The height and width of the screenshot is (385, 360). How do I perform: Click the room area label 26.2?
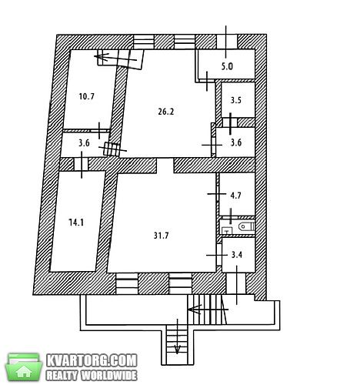click(x=166, y=112)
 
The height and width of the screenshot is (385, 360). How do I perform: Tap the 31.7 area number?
click(x=161, y=236)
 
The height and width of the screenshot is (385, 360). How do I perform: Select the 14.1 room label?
click(x=76, y=223)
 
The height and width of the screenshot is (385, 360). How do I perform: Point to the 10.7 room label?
click(x=87, y=96)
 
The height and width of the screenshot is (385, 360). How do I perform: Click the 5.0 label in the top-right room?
click(x=227, y=66)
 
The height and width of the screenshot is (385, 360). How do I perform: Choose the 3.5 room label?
click(x=235, y=100)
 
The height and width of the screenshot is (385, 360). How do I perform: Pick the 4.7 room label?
click(x=235, y=196)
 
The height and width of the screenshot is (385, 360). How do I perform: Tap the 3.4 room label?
click(x=237, y=255)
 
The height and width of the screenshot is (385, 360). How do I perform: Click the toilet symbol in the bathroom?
click(x=246, y=226)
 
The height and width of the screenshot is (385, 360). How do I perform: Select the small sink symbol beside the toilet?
click(x=227, y=231)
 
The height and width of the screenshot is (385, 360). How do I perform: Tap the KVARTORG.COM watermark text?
click(x=92, y=360)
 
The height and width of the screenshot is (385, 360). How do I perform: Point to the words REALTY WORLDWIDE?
click(x=92, y=376)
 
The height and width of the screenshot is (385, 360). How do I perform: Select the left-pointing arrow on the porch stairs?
click(x=208, y=310)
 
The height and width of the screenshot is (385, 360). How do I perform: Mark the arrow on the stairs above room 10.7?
click(x=115, y=58)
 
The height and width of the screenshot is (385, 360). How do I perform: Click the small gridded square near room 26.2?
click(x=112, y=149)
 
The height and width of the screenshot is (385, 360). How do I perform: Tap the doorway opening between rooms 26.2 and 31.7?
click(x=165, y=166)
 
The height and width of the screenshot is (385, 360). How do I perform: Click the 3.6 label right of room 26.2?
click(x=236, y=142)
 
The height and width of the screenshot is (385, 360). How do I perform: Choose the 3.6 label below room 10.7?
click(x=84, y=142)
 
